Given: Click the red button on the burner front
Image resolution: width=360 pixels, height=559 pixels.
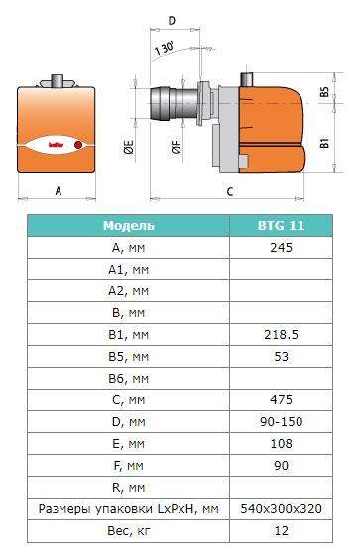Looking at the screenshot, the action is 78,145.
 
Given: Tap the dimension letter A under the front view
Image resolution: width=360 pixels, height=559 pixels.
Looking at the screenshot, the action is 59,191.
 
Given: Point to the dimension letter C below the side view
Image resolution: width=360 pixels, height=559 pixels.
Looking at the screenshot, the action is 230,192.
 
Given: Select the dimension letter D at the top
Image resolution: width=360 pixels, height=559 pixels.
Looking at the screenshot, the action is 172,21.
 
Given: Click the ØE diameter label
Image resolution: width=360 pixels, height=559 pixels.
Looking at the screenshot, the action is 129,147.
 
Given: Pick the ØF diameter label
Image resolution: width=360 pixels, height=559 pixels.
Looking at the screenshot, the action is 177,147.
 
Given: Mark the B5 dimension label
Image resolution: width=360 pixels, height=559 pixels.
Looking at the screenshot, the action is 324,92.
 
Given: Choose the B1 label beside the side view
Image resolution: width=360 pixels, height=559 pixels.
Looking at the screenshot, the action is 324,144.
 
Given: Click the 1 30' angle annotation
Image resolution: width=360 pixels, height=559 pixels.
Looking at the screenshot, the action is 164,49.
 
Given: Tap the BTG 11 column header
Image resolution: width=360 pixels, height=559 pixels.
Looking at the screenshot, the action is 281,225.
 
